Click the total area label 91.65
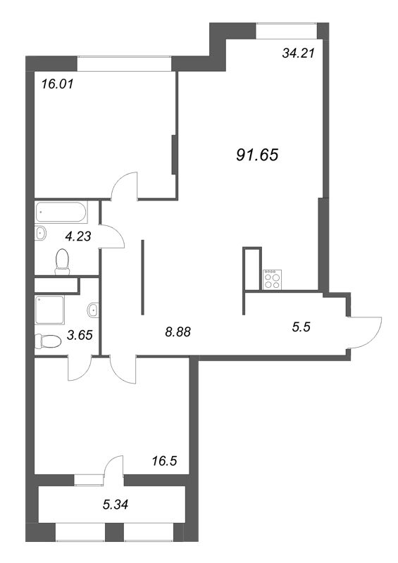(x=259, y=155)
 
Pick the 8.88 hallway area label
(x=176, y=330)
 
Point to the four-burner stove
(x=272, y=279)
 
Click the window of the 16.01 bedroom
(x=125, y=63)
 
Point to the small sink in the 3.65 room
(x=93, y=309)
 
